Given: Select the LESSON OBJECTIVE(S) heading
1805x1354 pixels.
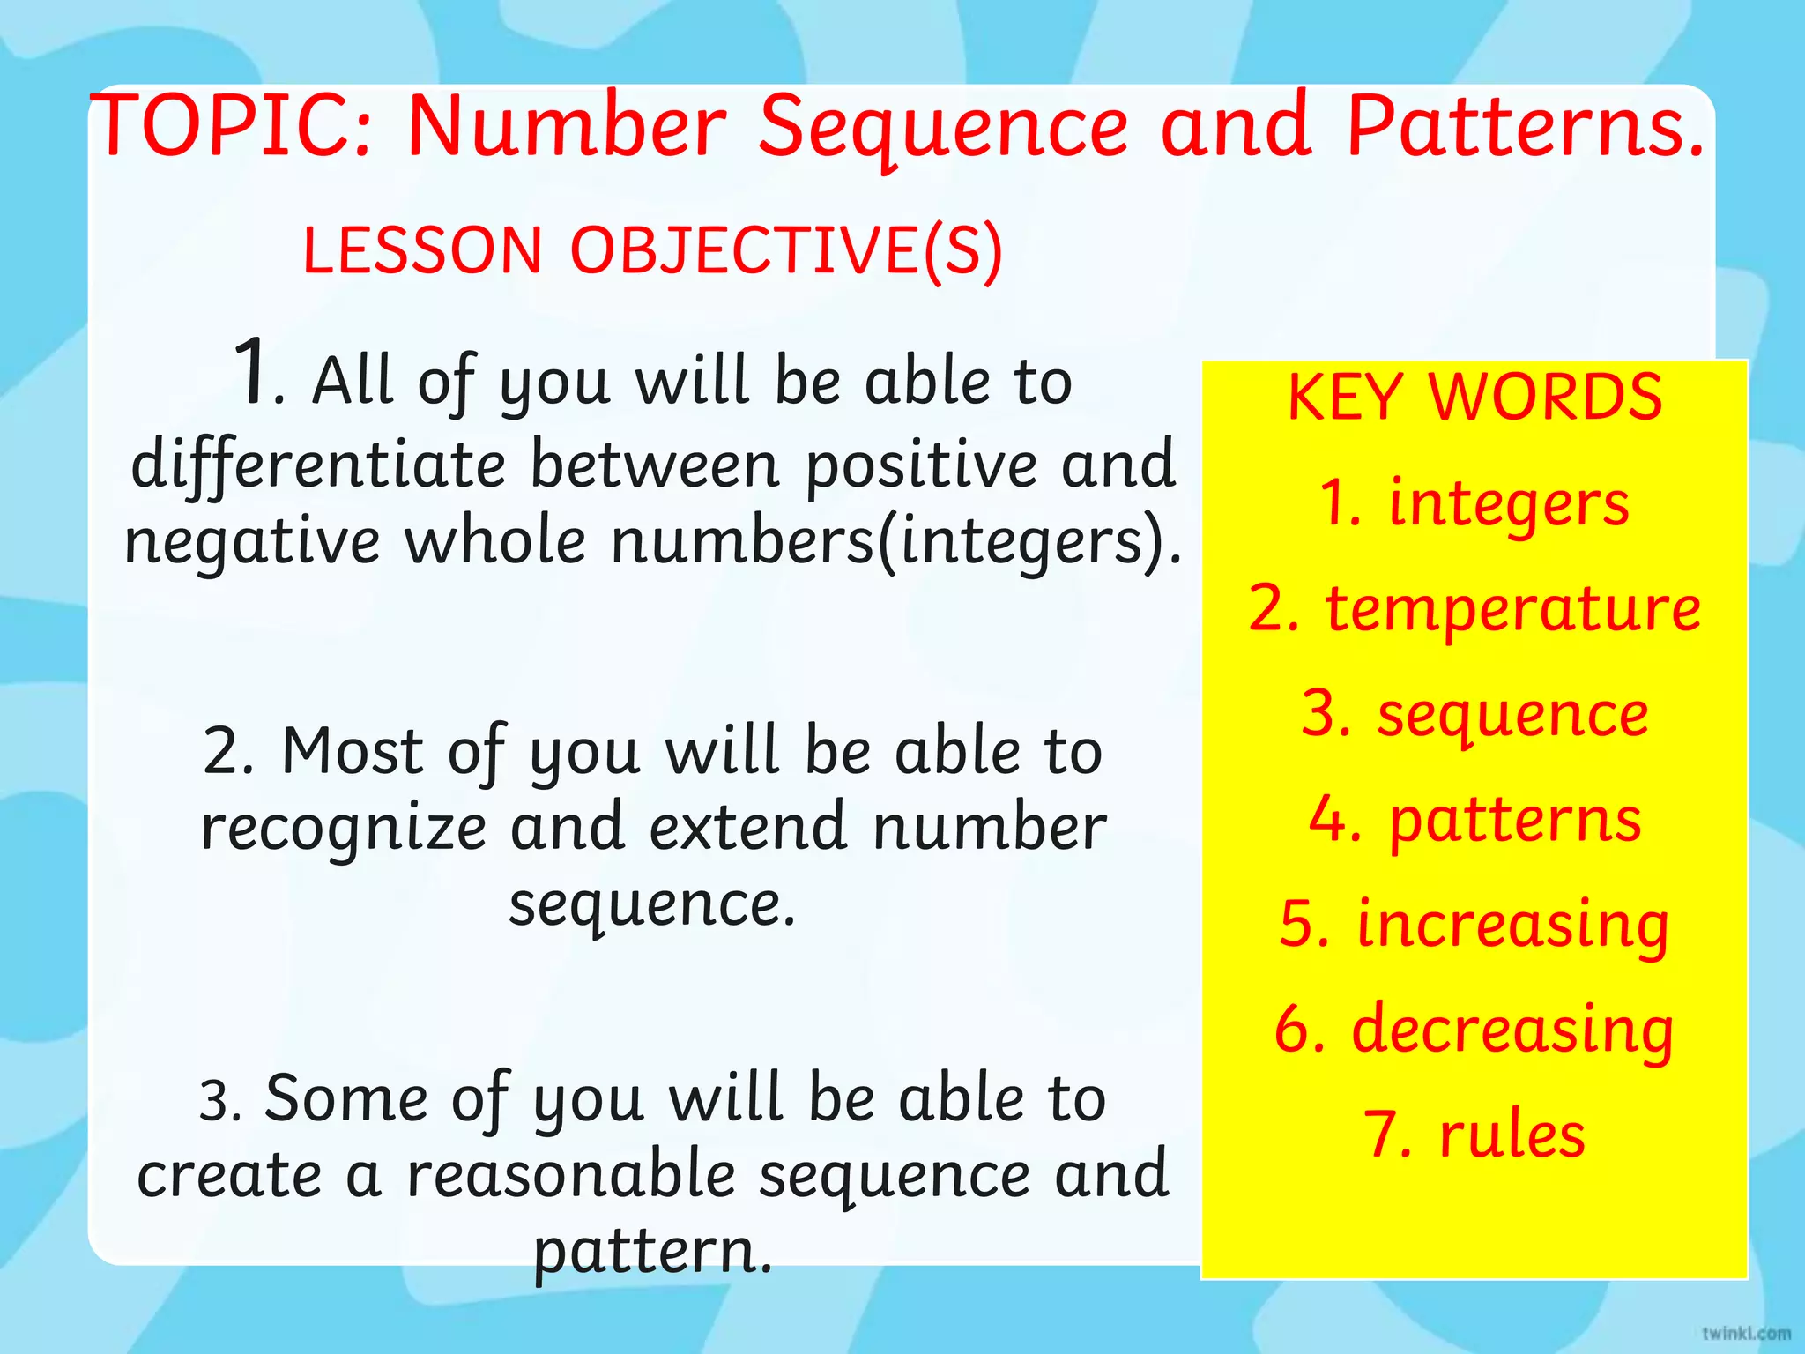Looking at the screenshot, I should coord(652,249).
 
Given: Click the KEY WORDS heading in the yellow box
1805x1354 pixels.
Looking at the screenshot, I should coord(1474,397).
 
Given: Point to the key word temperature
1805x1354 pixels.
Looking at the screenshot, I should coord(1512,609).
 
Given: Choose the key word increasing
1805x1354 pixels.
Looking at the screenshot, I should coord(1512,925).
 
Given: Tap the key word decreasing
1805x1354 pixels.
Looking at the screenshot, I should coord(1512,1030).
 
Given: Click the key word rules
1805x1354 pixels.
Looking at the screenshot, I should coord(1512,1135).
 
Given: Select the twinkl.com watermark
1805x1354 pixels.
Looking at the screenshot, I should coord(1746,1333).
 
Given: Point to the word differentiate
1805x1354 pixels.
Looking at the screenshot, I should coord(318,465).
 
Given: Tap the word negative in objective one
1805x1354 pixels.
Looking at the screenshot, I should coord(252,541).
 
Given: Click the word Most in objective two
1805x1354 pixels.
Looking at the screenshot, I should coord(353,751).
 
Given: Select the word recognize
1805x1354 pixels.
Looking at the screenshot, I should coord(344,829).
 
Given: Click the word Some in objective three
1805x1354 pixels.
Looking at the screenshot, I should coord(345,1098).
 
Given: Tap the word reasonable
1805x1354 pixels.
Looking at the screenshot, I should coord(570,1175).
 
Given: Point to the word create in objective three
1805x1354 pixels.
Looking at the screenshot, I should coord(229,1175).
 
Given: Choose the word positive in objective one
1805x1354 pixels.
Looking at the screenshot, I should coord(921,465).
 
